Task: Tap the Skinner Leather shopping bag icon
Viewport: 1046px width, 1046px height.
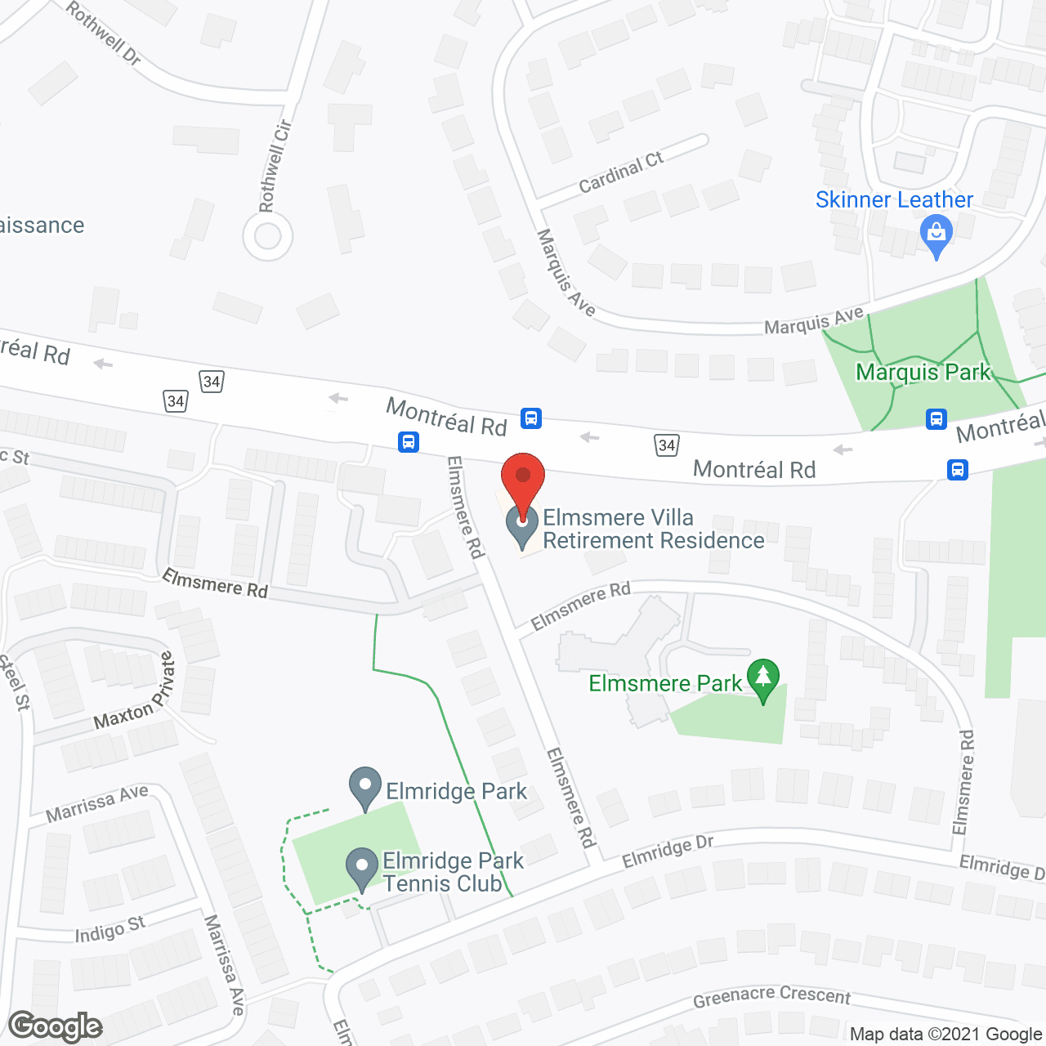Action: coord(936,235)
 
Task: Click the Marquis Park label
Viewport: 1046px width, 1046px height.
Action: coord(923,373)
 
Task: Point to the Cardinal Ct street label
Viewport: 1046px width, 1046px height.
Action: coord(620,172)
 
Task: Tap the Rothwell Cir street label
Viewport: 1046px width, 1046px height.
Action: coord(275,166)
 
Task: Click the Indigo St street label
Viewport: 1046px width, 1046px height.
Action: coord(110,929)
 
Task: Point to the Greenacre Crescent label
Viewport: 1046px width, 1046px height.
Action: coord(771,996)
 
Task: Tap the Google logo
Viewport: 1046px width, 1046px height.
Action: coord(56,1026)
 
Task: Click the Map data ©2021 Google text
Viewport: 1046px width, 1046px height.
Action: coord(946,1035)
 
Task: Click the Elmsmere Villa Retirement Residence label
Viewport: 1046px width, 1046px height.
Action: coord(653,529)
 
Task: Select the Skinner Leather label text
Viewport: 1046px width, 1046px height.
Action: coord(894,199)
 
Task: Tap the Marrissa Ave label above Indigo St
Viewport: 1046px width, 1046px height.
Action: coord(96,803)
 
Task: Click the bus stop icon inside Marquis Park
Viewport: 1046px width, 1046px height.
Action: coord(936,419)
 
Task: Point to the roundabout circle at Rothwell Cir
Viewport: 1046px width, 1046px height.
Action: coord(267,237)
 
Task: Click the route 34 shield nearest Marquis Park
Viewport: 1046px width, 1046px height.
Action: coord(667,445)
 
